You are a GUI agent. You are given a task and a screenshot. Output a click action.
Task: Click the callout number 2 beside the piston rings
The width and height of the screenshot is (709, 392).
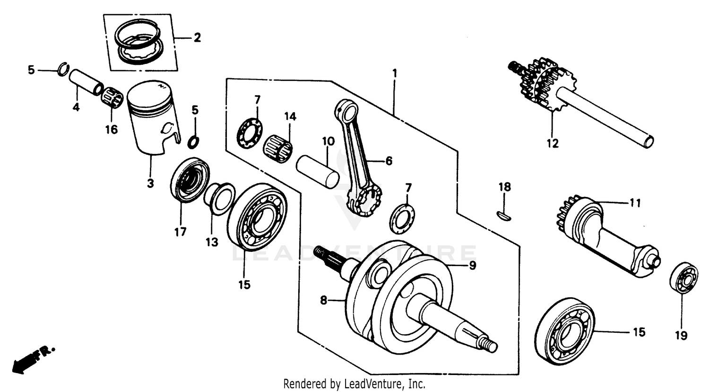tap(197, 38)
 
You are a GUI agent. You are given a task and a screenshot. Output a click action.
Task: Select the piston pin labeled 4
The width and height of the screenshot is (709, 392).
tap(85, 82)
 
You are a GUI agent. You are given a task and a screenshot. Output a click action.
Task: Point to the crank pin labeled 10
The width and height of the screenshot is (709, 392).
tap(318, 171)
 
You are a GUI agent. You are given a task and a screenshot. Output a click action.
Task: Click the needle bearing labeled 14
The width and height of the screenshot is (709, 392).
tap(278, 148)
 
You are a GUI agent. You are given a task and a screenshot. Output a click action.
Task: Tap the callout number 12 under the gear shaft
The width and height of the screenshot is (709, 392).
tap(552, 143)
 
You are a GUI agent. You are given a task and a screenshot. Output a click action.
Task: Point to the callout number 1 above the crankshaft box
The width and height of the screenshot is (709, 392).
tap(394, 73)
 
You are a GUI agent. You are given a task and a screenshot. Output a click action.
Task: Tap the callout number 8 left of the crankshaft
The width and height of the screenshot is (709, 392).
tap(323, 300)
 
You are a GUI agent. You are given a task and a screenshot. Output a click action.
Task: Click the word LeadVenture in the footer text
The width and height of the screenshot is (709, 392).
tap(375, 383)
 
